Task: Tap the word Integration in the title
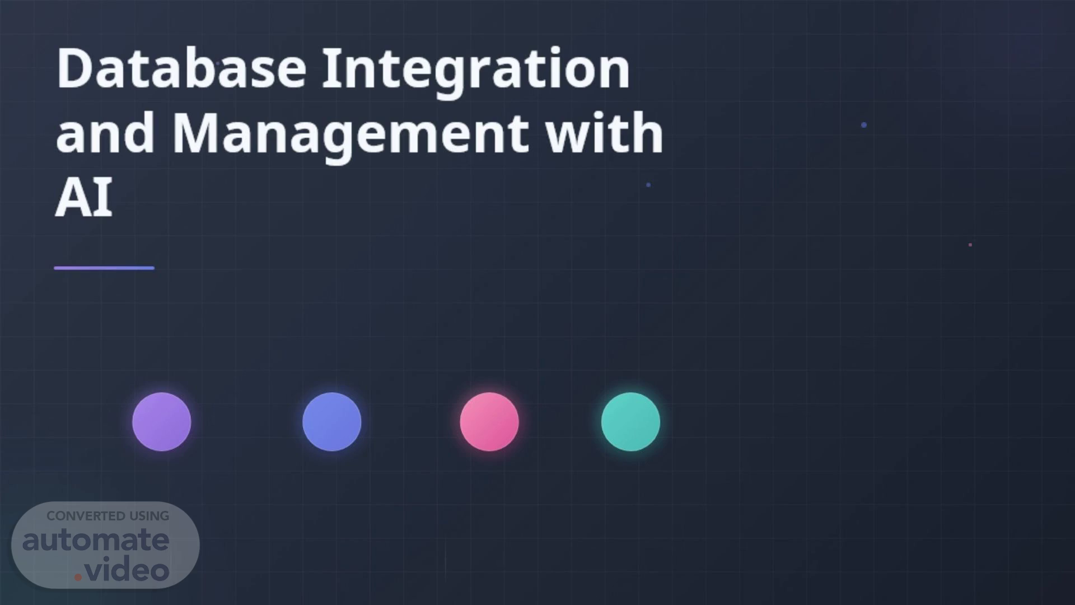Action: click(x=476, y=73)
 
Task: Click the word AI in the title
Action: click(x=84, y=197)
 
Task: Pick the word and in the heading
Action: click(x=105, y=132)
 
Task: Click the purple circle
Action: click(x=162, y=422)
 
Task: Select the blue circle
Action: click(x=332, y=422)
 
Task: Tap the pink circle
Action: click(x=489, y=422)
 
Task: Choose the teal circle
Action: click(x=630, y=422)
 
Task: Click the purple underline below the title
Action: click(x=104, y=268)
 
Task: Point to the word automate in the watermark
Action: click(x=96, y=540)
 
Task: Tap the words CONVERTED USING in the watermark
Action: click(x=108, y=516)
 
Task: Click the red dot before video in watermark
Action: click(x=78, y=577)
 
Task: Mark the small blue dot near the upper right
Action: click(x=864, y=125)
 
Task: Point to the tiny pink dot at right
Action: click(x=970, y=245)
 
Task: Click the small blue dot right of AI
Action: click(x=648, y=185)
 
